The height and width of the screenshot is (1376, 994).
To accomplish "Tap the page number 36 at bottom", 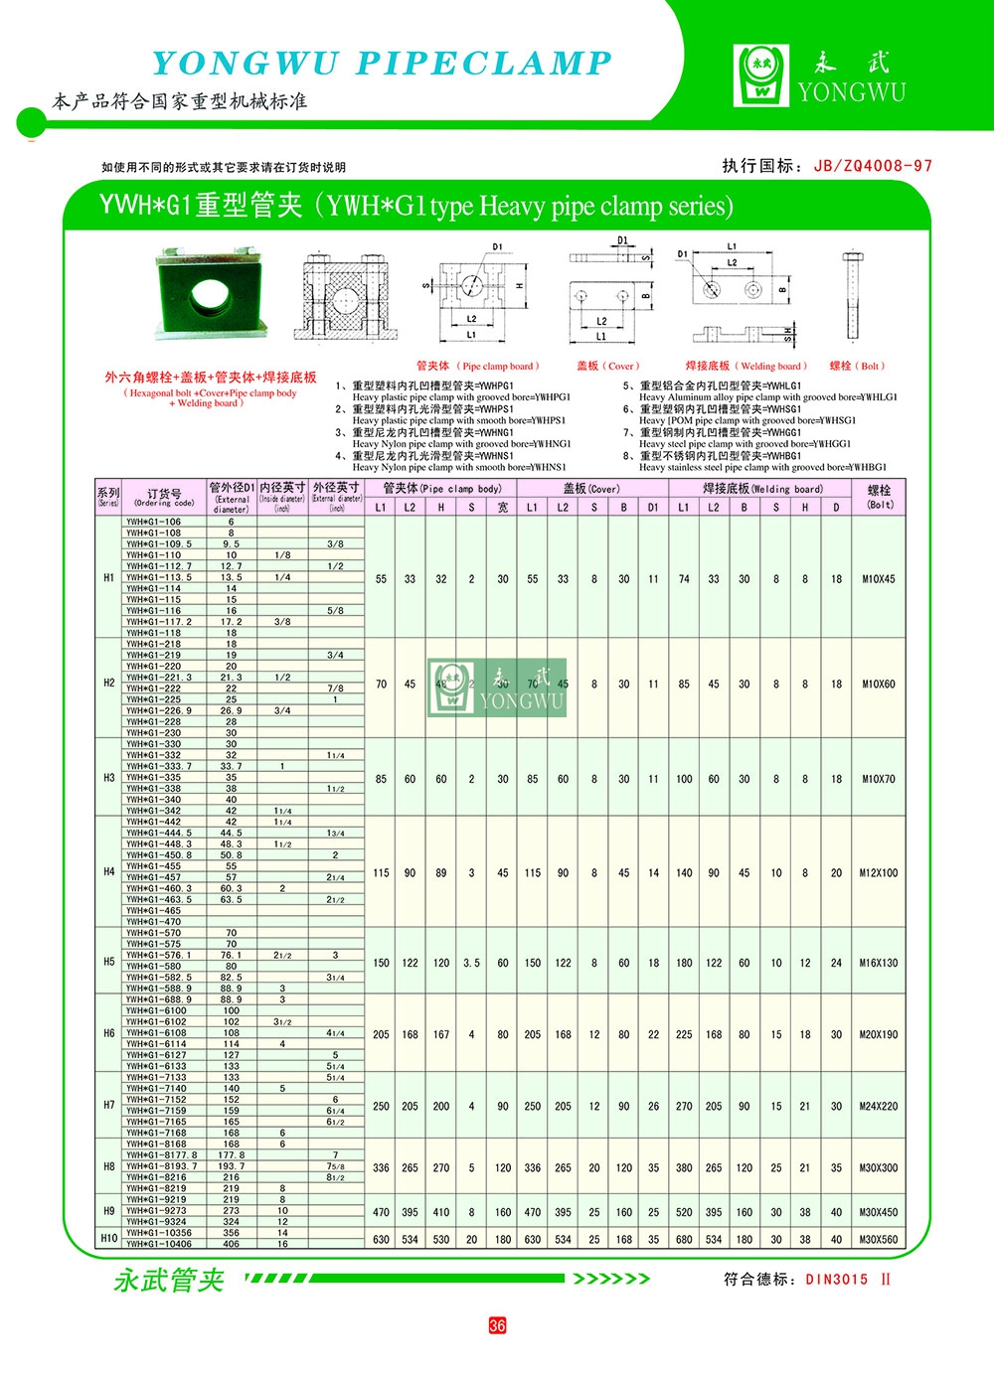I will pyautogui.click(x=497, y=1325).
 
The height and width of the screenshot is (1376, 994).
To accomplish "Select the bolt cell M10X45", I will pyautogui.click(x=879, y=578).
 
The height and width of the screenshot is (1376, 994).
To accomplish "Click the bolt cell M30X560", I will pyautogui.click(x=879, y=1240).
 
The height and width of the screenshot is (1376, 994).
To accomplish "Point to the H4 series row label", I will pyautogui.click(x=109, y=871).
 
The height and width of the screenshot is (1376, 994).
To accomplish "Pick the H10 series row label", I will pyautogui.click(x=109, y=1239).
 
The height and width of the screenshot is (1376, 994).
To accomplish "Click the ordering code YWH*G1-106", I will pyautogui.click(x=154, y=522).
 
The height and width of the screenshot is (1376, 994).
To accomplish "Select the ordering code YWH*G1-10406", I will pyautogui.click(x=159, y=1244).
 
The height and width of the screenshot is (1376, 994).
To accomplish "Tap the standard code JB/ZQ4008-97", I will pyautogui.click(x=873, y=166).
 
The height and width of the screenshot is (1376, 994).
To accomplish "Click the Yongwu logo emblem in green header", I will pyautogui.click(x=762, y=76).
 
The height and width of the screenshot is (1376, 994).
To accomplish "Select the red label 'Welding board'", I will pyautogui.click(x=746, y=366).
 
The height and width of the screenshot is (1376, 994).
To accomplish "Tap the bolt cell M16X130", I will pyautogui.click(x=879, y=963).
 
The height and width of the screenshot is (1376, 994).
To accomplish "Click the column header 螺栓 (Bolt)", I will pyautogui.click(x=880, y=497).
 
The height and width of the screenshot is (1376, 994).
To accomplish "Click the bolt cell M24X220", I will pyautogui.click(x=879, y=1106).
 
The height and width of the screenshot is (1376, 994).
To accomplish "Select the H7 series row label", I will pyautogui.click(x=109, y=1105).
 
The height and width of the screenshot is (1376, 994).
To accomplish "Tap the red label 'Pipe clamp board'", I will pyautogui.click(x=478, y=366).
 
